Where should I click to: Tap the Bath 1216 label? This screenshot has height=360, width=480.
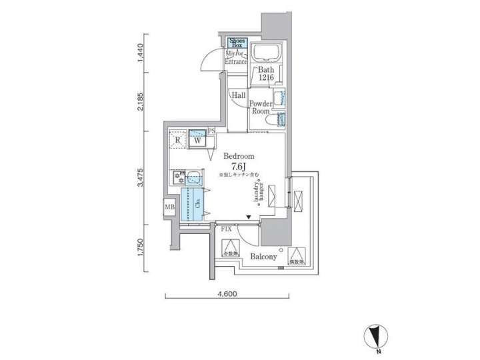click(266, 73)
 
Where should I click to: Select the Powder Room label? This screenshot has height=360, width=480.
click(259, 107)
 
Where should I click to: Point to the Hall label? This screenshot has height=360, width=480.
click(238, 95)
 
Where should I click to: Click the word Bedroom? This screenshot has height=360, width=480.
click(238, 155)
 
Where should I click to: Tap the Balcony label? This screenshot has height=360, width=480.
click(264, 256)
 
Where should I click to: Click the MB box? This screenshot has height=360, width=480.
click(170, 207)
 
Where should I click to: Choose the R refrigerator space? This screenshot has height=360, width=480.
click(177, 141)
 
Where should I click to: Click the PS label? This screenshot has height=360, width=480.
click(211, 132)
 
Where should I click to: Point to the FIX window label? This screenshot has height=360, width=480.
click(227, 229)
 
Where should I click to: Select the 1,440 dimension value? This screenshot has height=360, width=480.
click(141, 53)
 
